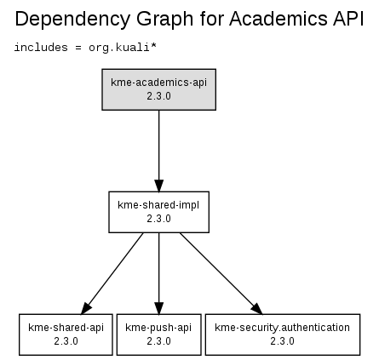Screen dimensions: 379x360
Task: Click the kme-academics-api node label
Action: (x=158, y=83)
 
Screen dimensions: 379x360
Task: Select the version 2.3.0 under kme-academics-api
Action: (x=158, y=96)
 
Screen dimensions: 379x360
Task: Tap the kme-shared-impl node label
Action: (x=158, y=205)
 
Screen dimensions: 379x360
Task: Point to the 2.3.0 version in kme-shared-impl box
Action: (x=158, y=219)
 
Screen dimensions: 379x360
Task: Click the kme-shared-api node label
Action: (x=66, y=328)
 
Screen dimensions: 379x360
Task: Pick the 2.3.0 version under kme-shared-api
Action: (x=66, y=341)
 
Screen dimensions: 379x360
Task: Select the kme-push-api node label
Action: (x=158, y=328)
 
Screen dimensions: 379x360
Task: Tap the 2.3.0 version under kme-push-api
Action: (x=158, y=341)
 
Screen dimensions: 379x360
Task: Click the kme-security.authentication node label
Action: (x=282, y=328)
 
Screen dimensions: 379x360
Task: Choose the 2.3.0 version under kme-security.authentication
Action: (x=282, y=341)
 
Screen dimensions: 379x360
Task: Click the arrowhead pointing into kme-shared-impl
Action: (x=159, y=186)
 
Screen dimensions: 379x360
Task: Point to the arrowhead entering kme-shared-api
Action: (x=85, y=309)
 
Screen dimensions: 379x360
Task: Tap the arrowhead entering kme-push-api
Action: (x=159, y=308)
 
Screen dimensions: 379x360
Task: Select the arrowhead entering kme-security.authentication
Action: (x=257, y=309)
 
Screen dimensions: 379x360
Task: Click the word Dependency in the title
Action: (x=72, y=20)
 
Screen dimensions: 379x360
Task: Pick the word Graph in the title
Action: (x=165, y=20)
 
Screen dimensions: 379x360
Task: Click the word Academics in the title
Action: (x=279, y=19)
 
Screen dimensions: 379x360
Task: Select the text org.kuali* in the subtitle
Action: (x=123, y=48)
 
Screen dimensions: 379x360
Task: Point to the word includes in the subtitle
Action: (x=41, y=47)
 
